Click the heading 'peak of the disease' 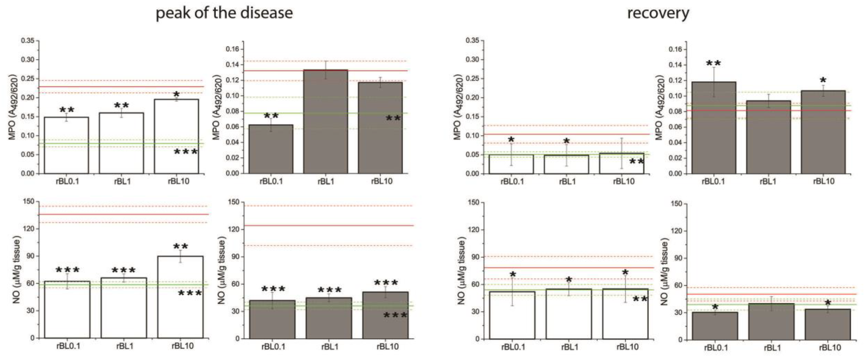point(224,13)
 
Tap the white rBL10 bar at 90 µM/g point(180,297)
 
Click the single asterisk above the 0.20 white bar point(176,94)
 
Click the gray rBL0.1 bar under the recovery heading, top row point(714,128)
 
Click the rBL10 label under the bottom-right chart point(830,347)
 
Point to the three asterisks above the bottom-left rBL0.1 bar point(67,270)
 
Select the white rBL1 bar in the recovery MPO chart point(566,164)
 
